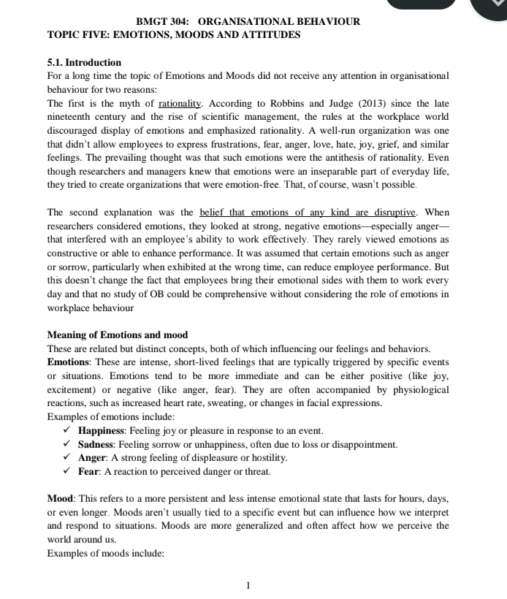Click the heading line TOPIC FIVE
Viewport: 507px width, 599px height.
tap(173, 34)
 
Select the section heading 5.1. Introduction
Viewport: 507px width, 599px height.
tap(84, 62)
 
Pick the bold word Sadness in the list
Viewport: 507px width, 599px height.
tap(96, 444)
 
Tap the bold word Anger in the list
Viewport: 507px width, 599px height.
tap(92, 458)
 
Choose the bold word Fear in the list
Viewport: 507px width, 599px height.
tap(89, 471)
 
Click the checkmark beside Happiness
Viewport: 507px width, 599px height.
tap(66, 430)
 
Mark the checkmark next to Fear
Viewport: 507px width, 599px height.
tap(66, 471)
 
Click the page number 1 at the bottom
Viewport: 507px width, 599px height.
tap(248, 585)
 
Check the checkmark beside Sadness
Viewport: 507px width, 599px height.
tap(66, 444)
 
